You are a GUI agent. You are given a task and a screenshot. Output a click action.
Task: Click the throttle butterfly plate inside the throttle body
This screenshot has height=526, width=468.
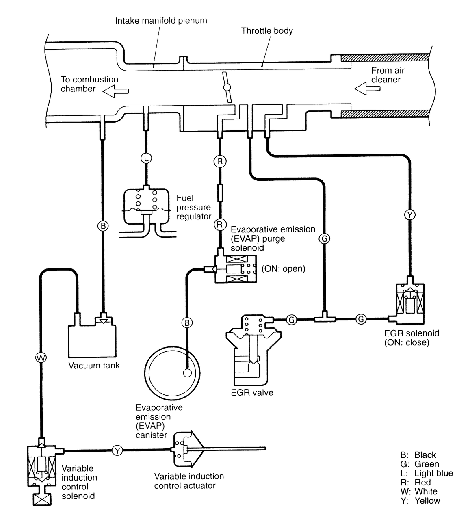pyautogui.click(x=227, y=87)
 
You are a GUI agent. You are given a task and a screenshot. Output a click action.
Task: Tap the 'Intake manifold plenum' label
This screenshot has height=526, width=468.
pyautogui.click(x=161, y=20)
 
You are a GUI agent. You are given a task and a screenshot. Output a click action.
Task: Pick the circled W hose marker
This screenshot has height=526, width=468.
pyautogui.click(x=41, y=357)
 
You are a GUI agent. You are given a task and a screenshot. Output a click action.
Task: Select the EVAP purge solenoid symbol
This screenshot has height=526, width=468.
pyautogui.click(x=235, y=268)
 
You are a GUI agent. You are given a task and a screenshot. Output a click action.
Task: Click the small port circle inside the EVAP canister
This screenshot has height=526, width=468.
pyautogui.click(x=187, y=372)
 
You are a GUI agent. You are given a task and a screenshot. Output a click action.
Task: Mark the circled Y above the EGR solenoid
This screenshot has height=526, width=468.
pyautogui.click(x=410, y=215)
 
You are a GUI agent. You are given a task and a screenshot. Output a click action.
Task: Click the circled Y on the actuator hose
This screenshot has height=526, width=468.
pyautogui.click(x=117, y=450)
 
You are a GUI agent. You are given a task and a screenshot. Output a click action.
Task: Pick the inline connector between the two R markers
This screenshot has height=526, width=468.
pyautogui.click(x=220, y=192)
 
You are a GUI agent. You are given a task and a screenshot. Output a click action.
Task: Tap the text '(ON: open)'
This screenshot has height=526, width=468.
pyautogui.click(x=283, y=269)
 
